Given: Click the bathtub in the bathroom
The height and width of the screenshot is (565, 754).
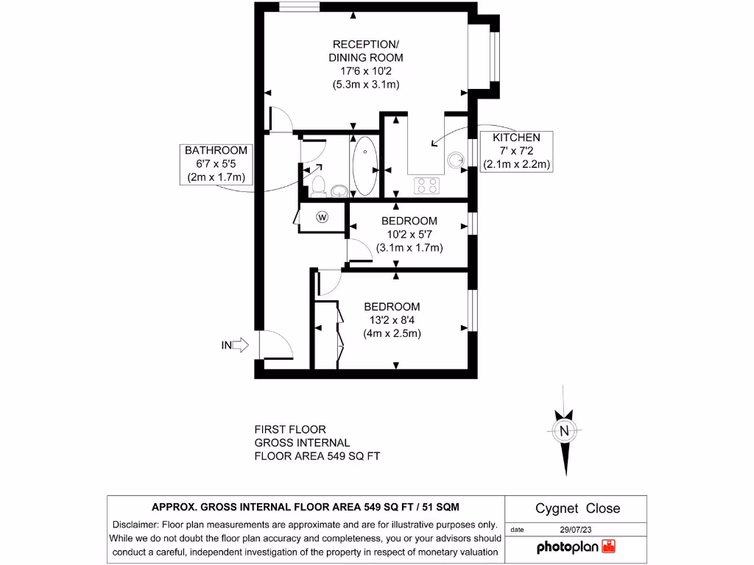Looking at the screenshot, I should click(364, 168).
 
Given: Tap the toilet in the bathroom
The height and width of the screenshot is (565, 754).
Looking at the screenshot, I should click(318, 183).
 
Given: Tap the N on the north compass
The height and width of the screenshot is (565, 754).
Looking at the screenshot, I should click(565, 431).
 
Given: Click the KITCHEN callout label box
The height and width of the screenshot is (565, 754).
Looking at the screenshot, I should click(516, 151).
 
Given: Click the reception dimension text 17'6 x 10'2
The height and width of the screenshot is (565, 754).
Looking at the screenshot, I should click(366, 71).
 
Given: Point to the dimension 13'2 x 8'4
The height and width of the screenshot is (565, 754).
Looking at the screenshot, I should click(392, 320).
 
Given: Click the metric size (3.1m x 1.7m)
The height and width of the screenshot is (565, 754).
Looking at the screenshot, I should click(409, 248).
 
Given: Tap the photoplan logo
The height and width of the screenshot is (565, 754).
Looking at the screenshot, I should click(576, 547).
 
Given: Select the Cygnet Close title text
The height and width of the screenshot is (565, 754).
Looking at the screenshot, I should click(577, 508).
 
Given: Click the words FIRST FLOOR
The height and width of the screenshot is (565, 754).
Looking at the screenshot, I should click(289, 429).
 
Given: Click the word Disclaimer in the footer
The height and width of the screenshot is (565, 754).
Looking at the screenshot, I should click(135, 525).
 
